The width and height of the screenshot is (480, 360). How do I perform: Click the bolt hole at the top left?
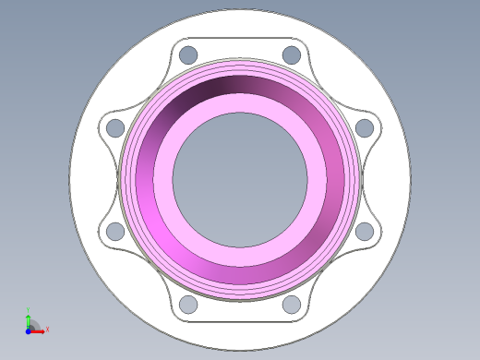(x=188, y=54)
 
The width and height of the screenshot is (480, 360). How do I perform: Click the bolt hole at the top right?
(x=292, y=54)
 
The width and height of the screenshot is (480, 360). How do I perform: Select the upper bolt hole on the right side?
(x=365, y=127)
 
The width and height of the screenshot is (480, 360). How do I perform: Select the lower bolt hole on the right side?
(x=365, y=231)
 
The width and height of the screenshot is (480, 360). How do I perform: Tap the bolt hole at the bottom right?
(x=292, y=304)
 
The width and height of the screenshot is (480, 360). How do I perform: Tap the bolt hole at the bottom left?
(x=188, y=304)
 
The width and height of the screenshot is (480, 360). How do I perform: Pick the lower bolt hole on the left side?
(x=115, y=231)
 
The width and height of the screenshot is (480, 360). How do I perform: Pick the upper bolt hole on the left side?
(x=115, y=127)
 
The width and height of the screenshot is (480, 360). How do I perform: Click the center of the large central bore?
(x=240, y=179)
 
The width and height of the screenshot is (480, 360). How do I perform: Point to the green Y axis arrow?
(x=29, y=318)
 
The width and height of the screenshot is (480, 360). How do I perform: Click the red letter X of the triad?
(x=47, y=329)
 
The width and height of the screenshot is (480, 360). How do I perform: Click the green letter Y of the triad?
(x=29, y=310)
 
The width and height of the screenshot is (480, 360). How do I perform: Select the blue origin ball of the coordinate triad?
(x=29, y=329)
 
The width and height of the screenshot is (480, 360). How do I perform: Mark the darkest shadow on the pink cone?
(x=222, y=87)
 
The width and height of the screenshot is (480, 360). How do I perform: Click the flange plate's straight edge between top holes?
(x=240, y=38)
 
